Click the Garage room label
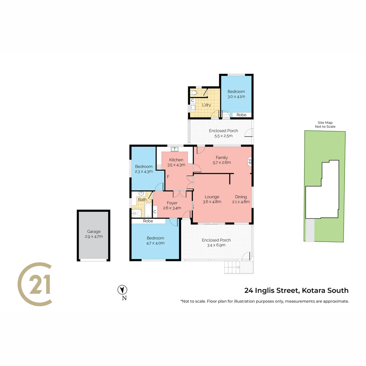[94, 234]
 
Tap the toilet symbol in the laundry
[194, 93]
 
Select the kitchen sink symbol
[175, 149]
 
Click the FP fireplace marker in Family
[249, 161]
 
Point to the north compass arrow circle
[122, 290]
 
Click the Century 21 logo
[35, 284]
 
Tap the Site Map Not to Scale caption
[325, 124]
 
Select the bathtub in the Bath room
[148, 210]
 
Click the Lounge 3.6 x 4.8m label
[212, 199]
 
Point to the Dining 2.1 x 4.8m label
[241, 199]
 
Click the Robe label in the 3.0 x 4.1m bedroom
[241, 115]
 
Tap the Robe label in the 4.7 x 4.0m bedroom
[148, 221]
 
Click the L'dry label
[207, 105]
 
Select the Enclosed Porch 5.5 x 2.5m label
[223, 133]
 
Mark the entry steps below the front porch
[232, 267]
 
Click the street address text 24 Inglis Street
[271, 291]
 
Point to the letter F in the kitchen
[168, 177]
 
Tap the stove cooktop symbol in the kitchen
[159, 167]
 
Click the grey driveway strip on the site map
[310, 230]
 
